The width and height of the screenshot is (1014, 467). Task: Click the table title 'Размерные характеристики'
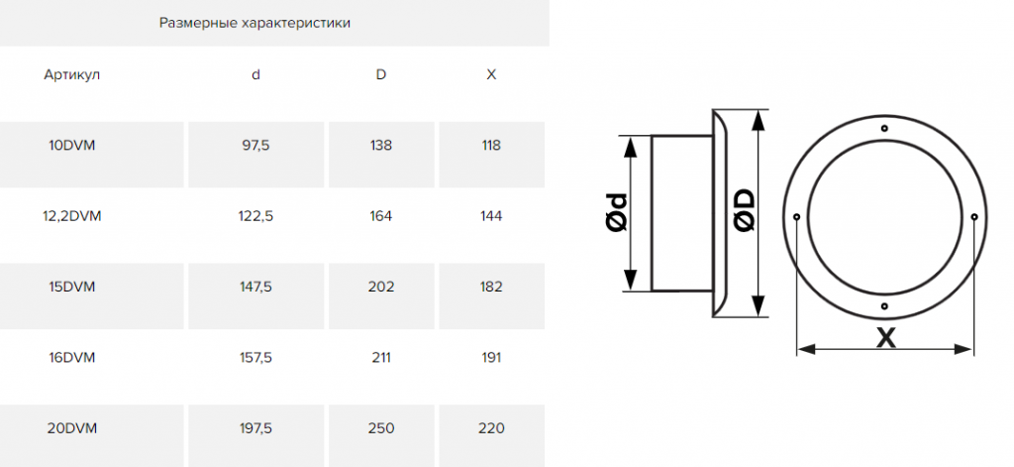[x=254, y=24]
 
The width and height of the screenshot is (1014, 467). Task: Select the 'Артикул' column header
[x=71, y=74]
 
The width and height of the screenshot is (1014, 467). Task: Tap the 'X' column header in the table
[x=491, y=74]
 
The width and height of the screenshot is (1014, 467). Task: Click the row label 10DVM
[x=71, y=145]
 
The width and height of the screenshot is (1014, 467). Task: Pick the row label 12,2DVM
[x=71, y=216]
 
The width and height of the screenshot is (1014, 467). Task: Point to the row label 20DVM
[x=71, y=428]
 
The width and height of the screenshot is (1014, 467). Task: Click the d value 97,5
[x=256, y=145]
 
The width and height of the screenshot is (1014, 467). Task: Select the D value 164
[x=381, y=216]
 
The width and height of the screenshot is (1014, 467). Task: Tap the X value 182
[x=491, y=287]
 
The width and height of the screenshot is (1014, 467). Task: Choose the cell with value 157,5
[x=256, y=358]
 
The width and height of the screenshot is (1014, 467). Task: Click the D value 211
[x=381, y=358]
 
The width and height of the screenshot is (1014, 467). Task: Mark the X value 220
[x=491, y=428]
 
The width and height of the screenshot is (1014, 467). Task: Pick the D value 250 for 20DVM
[x=381, y=428]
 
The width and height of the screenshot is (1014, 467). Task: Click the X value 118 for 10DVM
[x=491, y=145]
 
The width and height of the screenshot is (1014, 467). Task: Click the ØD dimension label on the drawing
[x=745, y=209]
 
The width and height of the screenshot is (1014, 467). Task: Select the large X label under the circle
[x=886, y=338]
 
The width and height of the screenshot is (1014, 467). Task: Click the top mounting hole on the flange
[x=884, y=128]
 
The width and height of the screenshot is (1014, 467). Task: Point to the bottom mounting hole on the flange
[x=884, y=305]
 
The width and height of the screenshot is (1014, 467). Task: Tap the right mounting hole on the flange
[x=974, y=216]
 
